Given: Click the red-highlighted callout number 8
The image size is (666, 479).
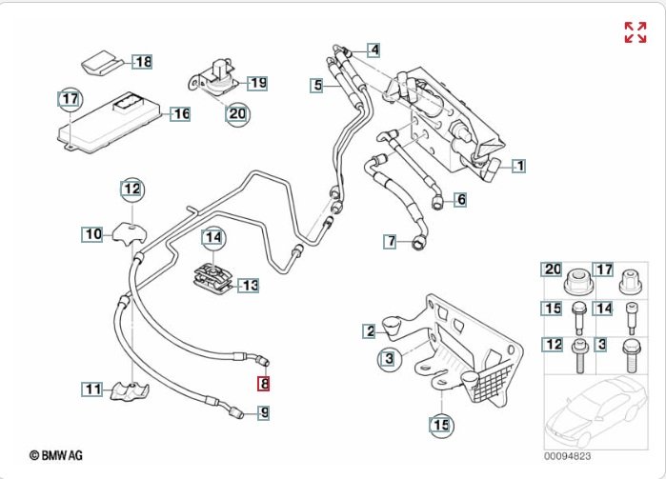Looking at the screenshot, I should pyautogui.click(x=264, y=385).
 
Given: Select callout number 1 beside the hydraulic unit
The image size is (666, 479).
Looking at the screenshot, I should pyautogui.click(x=518, y=166).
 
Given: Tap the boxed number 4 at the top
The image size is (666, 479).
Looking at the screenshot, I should pyautogui.click(x=373, y=50).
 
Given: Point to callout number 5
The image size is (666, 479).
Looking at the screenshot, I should pyautogui.click(x=317, y=86).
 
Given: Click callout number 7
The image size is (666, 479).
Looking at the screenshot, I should pyautogui.click(x=391, y=241).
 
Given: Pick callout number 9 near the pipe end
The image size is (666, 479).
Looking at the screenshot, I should pyautogui.click(x=264, y=412).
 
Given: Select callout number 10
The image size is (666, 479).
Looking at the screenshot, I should pyautogui.click(x=92, y=233).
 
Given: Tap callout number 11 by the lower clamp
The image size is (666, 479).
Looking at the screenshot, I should pyautogui.click(x=92, y=389).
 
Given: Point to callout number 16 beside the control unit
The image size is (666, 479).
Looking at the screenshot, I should pyautogui.click(x=180, y=114).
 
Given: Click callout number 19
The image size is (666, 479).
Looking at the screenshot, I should pyautogui.click(x=258, y=82).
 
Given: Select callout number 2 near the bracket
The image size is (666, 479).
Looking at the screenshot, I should pyautogui.click(x=369, y=330).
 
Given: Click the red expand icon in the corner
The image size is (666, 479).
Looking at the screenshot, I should pyautogui.click(x=635, y=32).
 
